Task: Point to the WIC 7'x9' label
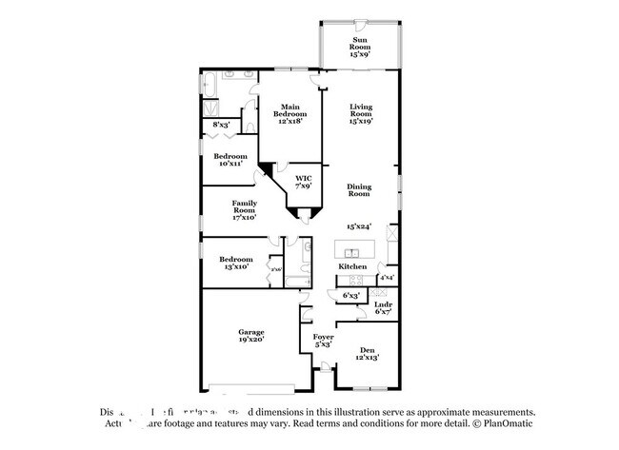[304, 182]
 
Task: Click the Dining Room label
[359, 190]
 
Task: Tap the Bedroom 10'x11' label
[230, 160]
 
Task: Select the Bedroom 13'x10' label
[235, 263]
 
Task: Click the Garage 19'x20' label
[250, 335]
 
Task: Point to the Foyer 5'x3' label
[322, 341]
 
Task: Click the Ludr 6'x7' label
[383, 307]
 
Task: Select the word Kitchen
[352, 266]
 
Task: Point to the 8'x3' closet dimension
[221, 124]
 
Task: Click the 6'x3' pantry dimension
[351, 296]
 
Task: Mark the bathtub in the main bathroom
[211, 86]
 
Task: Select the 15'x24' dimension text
[358, 225]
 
